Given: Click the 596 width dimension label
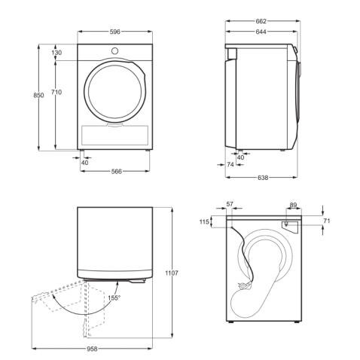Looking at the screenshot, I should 115,32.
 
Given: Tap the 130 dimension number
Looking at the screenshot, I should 57,53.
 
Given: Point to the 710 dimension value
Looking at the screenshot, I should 57,92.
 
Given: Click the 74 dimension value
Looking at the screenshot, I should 230,164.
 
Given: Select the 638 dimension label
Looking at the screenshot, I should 261,178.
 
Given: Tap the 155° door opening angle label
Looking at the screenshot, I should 114,297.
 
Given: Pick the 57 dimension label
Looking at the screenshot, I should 230,204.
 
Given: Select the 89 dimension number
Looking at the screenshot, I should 293,204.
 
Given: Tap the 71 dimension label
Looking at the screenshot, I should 325,221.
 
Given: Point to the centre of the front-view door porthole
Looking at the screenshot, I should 115,90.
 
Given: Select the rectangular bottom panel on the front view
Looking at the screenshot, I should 115,135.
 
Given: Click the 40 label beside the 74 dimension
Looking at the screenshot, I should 240,157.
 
